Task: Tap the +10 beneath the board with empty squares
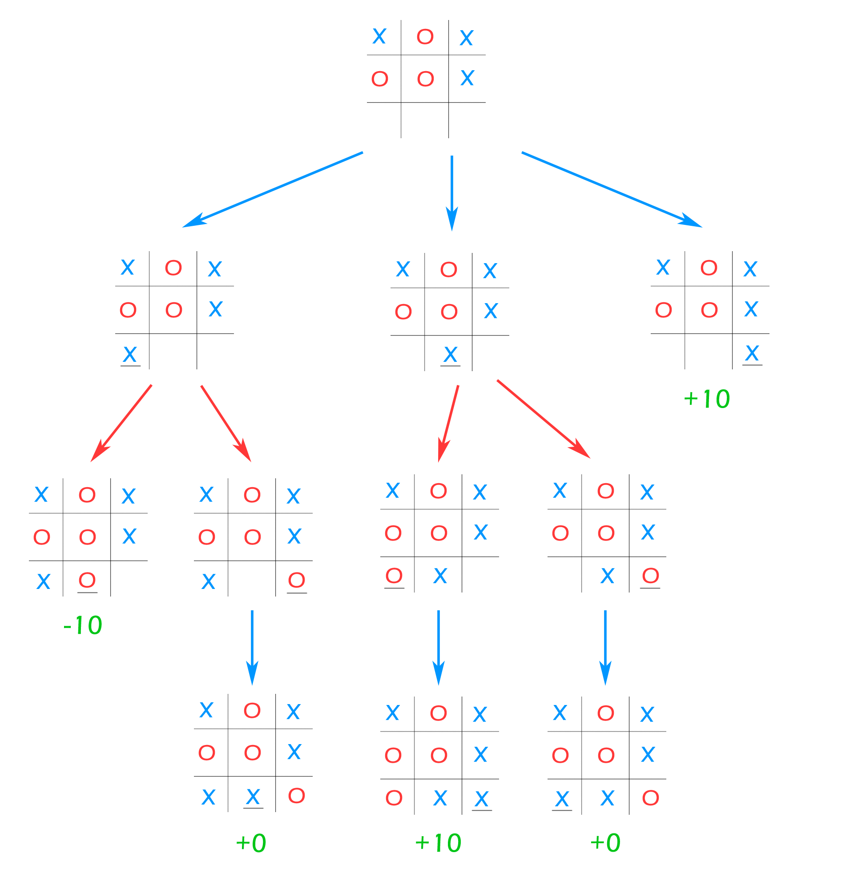click(706, 399)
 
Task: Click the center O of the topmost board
click(425, 79)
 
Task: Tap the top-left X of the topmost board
click(379, 36)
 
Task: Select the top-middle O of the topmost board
click(425, 36)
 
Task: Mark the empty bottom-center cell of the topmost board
click(425, 120)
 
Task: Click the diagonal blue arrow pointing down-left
click(272, 190)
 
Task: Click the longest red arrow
click(543, 419)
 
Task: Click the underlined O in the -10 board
click(87, 580)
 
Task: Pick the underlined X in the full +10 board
click(481, 799)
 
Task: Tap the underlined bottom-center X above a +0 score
click(253, 797)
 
